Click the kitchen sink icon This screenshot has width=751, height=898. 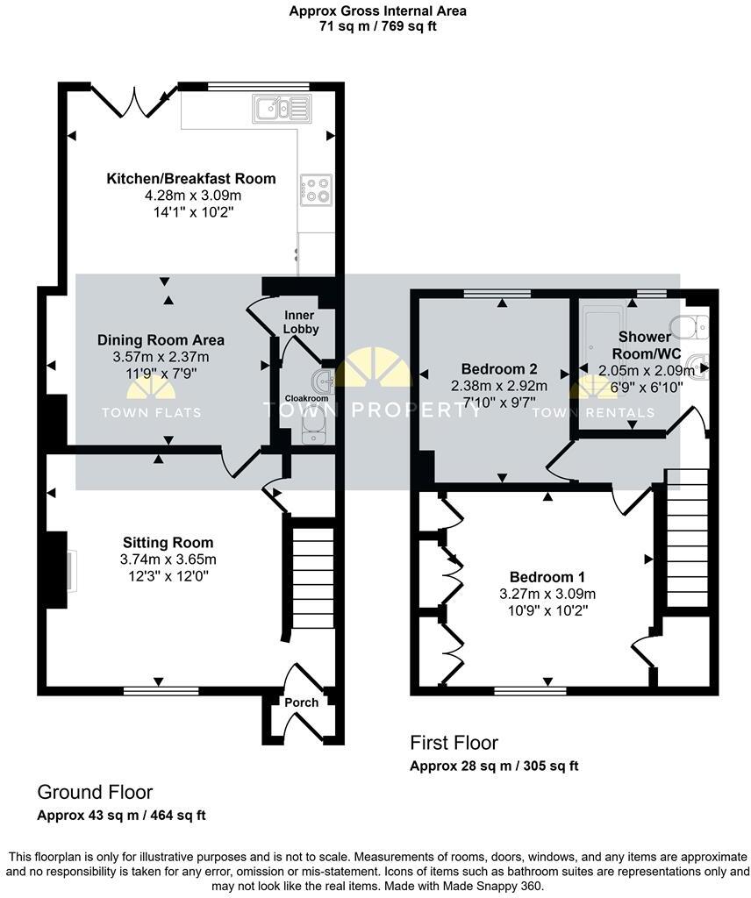point(282,109)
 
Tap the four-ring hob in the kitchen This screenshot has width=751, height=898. point(316,189)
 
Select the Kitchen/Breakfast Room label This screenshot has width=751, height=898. point(191,179)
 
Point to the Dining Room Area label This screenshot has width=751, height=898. point(161,340)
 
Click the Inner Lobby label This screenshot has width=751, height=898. point(300,322)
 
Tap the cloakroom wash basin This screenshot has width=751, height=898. point(322,381)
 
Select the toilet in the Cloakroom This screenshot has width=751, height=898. point(311,429)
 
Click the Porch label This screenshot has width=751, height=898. point(299,702)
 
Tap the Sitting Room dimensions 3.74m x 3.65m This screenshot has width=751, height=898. point(168,559)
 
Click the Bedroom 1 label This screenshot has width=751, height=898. point(547,577)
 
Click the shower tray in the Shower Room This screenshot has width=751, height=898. point(604,321)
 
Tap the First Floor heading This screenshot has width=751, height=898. point(454,744)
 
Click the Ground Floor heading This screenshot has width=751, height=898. point(95,793)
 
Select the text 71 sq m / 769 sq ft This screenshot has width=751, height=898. point(377,26)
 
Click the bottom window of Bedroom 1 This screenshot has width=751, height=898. point(529,691)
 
